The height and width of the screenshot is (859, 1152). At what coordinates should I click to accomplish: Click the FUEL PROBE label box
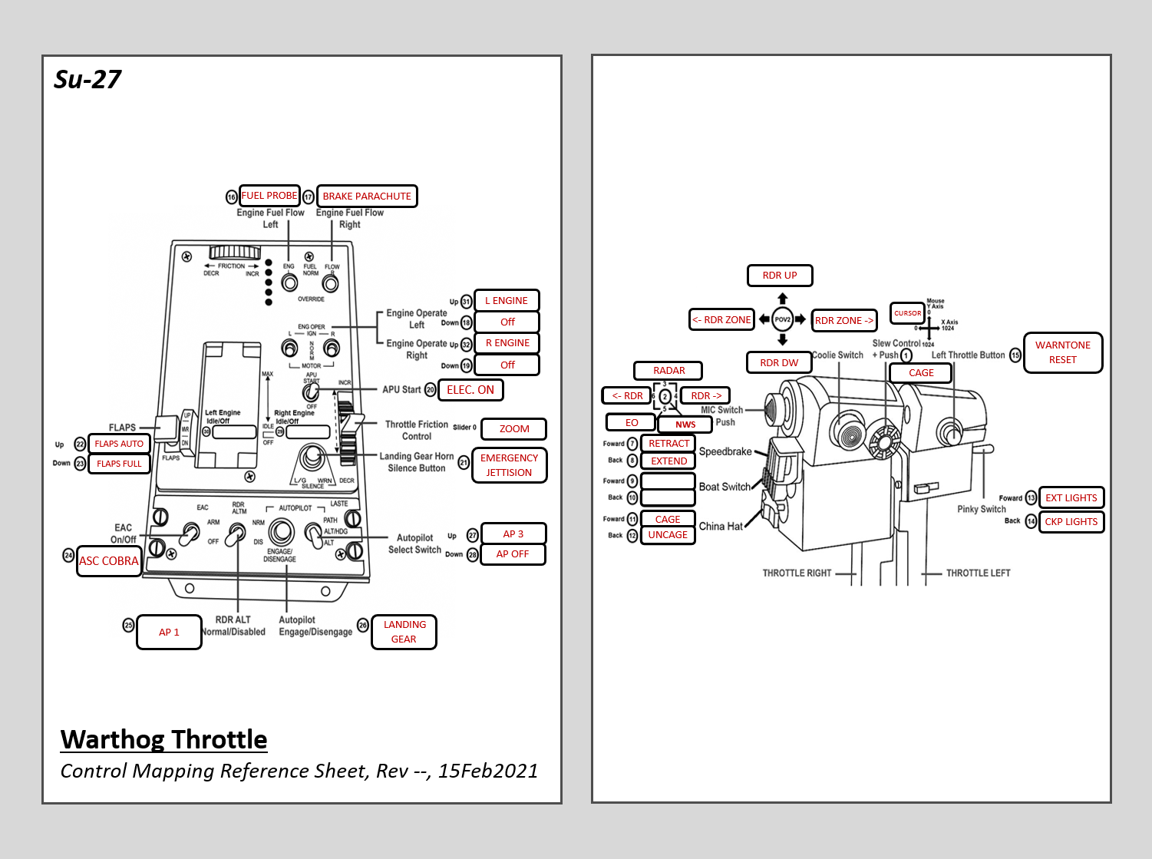[269, 196]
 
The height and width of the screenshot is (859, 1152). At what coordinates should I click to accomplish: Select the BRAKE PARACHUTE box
[367, 197]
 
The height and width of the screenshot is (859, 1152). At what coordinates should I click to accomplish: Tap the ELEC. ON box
[470, 390]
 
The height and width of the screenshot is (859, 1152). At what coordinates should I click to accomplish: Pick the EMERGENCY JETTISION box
[509, 465]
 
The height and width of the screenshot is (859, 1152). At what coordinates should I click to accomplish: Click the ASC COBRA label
[109, 561]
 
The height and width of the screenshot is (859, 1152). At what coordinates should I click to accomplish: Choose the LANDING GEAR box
[404, 632]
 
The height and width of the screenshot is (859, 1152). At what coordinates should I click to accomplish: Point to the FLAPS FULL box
[119, 464]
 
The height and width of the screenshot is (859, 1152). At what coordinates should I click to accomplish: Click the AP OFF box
[512, 554]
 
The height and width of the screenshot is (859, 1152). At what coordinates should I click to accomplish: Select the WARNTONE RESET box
[1062, 352]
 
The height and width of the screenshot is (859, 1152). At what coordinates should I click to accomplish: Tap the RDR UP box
[779, 276]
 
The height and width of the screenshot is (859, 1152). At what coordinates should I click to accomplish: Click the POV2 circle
[782, 319]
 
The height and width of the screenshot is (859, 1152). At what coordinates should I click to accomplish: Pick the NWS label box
[685, 425]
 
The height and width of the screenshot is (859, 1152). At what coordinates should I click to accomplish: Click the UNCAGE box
[668, 535]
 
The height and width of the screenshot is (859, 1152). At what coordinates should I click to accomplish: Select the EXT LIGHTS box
[1071, 498]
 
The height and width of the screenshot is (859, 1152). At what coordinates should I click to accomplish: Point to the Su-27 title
[87, 80]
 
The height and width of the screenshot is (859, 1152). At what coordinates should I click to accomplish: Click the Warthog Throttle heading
[164, 739]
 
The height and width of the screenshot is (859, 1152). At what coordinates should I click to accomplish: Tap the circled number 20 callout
[431, 390]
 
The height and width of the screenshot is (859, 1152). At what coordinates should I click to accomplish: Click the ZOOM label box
[514, 429]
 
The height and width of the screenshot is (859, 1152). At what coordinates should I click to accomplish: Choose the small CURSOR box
[907, 313]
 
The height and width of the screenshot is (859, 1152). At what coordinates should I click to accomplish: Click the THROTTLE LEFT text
[978, 573]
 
